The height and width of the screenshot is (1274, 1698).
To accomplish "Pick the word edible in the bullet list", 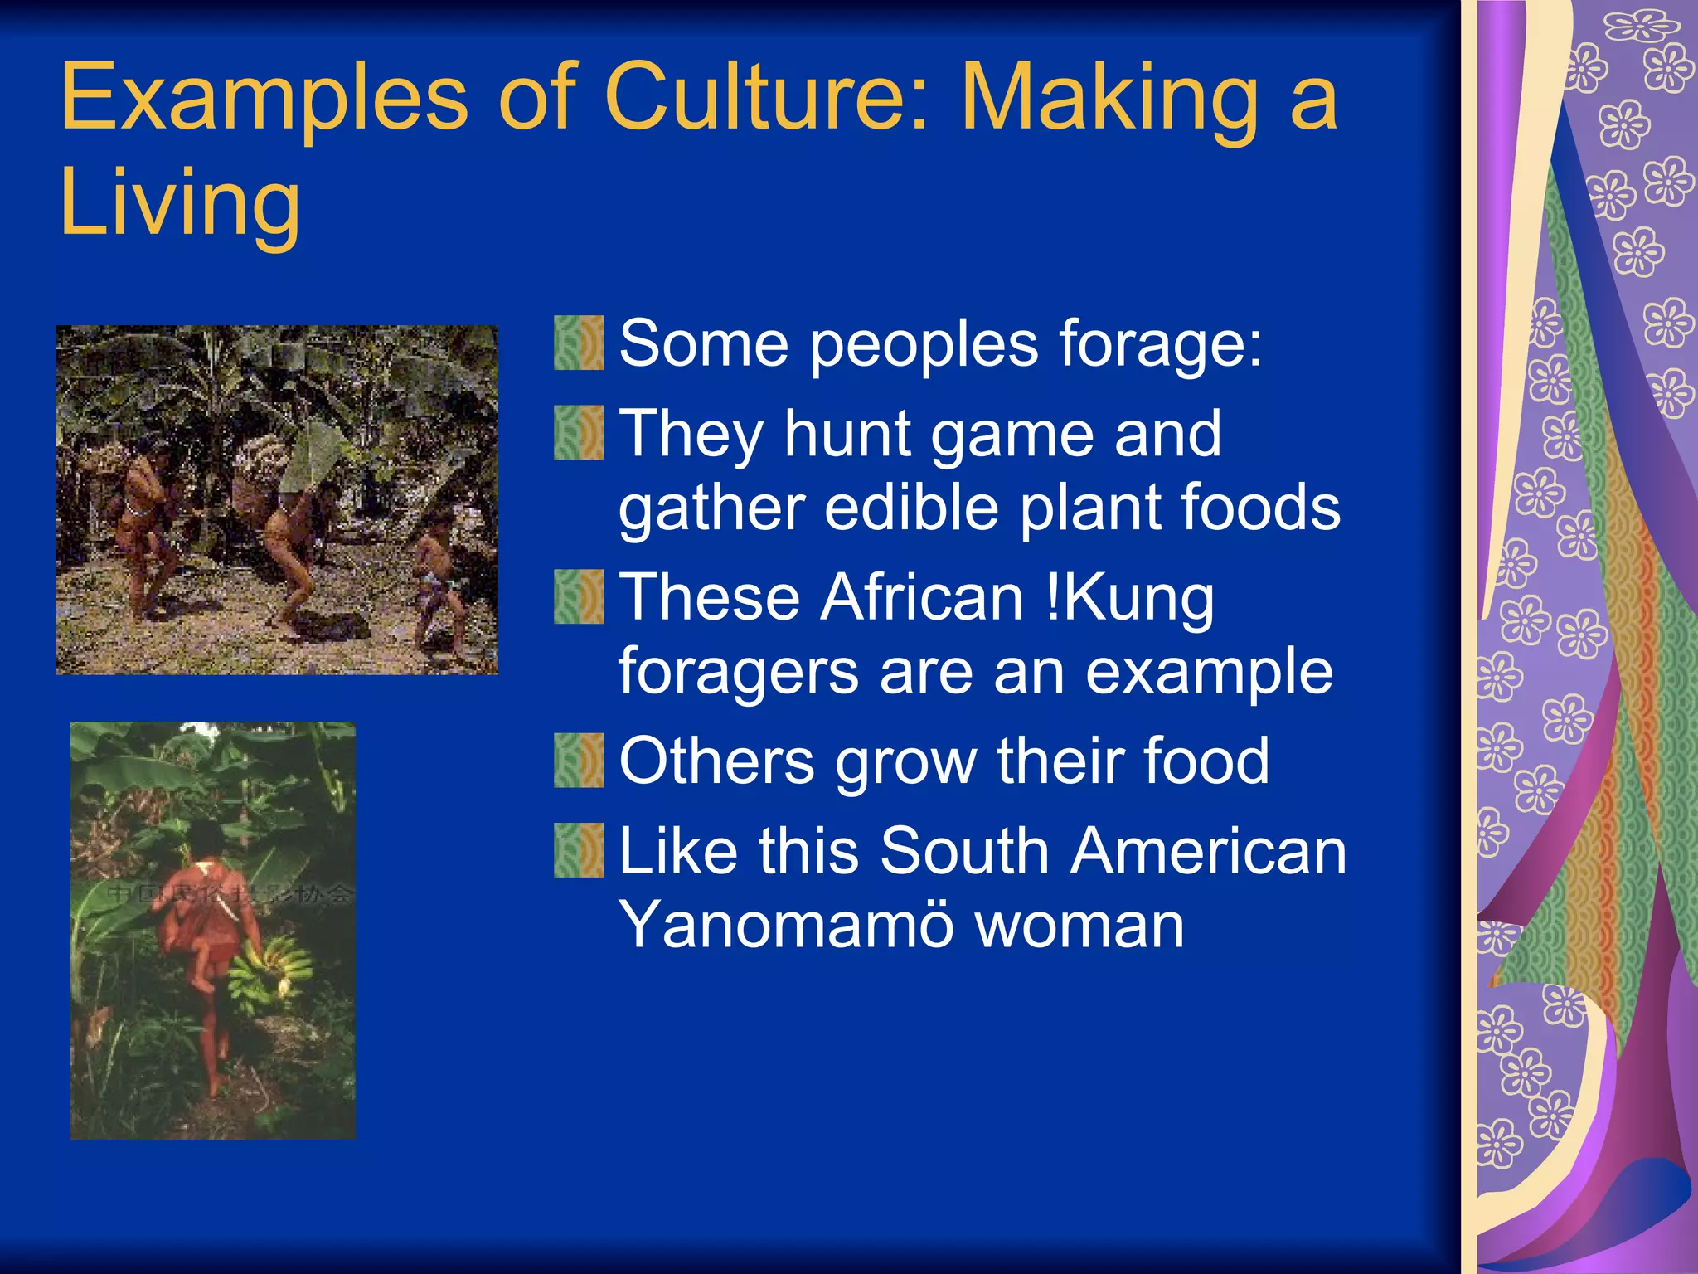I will (912, 507).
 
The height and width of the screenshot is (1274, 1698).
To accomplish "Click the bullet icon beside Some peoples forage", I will (579, 343).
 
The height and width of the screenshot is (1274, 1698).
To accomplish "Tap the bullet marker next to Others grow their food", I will (579, 760).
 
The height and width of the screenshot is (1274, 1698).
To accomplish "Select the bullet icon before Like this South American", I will (579, 850).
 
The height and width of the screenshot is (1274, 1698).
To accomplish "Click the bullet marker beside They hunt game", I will (579, 432).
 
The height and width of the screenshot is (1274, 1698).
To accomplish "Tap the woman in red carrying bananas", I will (207, 937).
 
